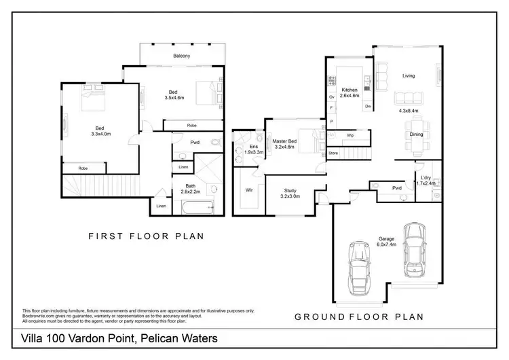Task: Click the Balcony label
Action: (181, 56)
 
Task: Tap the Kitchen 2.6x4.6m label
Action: (350, 94)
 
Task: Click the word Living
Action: (409, 75)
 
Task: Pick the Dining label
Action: (417, 134)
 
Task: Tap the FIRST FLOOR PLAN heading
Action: (147, 236)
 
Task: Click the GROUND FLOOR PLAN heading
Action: (358, 317)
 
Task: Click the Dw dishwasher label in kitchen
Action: (366, 106)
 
